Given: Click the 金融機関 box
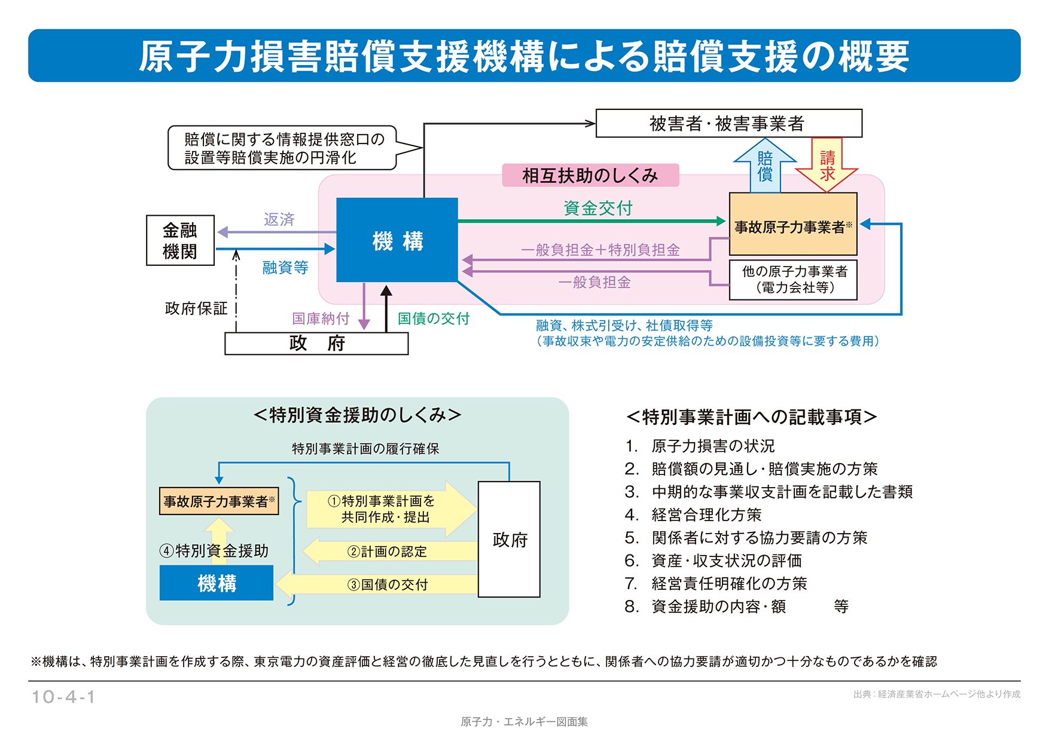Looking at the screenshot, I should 180,240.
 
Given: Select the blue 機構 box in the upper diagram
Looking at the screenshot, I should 397,240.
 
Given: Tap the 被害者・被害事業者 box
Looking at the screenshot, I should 728,124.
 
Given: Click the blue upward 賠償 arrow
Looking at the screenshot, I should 765,166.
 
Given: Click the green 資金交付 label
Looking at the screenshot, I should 597,208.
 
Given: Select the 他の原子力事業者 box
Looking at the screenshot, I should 793,280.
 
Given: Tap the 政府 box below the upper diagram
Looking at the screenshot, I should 316,344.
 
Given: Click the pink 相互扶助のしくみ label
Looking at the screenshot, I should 590,176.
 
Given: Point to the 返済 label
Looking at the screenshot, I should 279,219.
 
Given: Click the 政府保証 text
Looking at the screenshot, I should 196,308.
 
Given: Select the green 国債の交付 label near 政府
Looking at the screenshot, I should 434,319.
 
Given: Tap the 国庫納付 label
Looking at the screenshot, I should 321,319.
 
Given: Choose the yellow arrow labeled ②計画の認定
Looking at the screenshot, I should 389,552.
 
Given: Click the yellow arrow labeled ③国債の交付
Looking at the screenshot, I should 383,584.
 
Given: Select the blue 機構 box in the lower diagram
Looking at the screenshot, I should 216,583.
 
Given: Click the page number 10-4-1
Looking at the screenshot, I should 63,697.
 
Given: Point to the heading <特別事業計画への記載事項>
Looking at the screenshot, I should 751,417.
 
